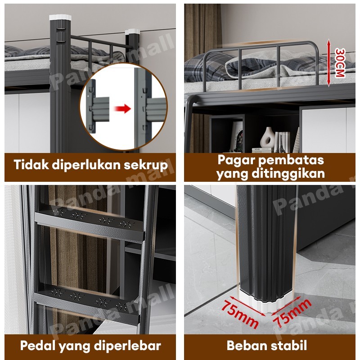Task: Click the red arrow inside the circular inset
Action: tap(122, 108)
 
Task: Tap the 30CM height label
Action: tap(340, 63)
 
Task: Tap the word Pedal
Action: tap(36, 346)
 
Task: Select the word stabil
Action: tap(288, 346)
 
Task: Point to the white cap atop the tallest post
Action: tap(60, 17)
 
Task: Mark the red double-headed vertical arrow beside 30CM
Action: tap(329, 63)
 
